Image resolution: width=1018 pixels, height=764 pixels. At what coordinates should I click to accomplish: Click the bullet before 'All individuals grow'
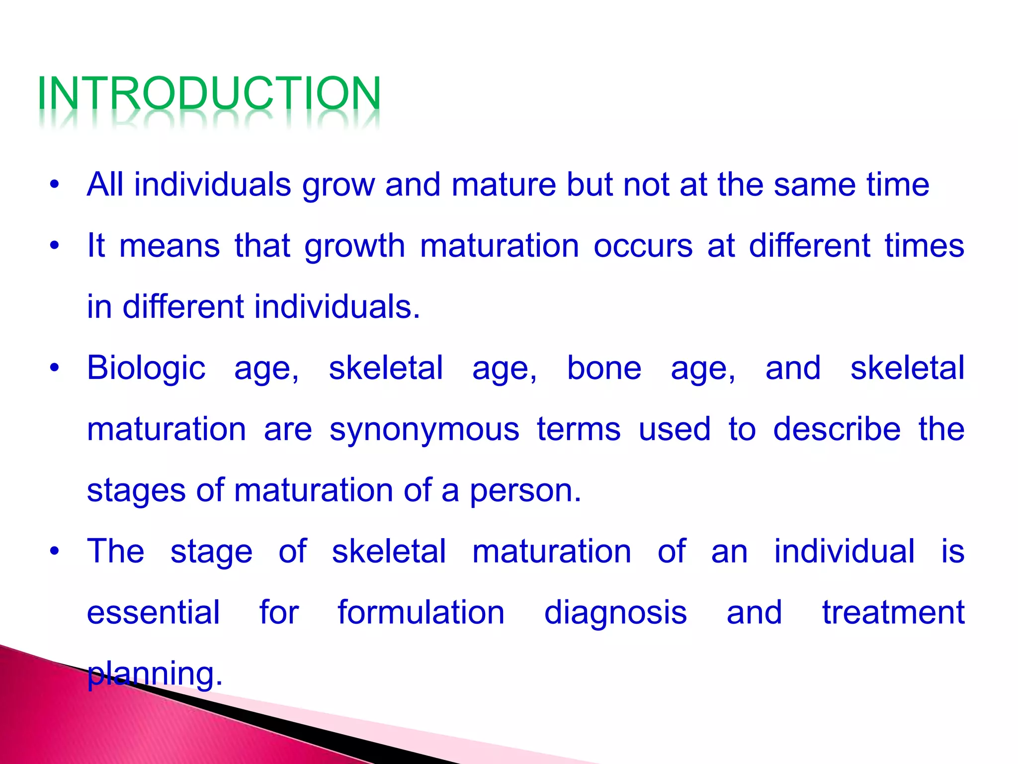pyautogui.click(x=54, y=185)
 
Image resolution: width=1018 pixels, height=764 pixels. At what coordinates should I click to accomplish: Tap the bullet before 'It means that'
pyautogui.click(x=54, y=246)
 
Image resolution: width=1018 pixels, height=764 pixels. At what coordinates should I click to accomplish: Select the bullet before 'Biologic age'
pyautogui.click(x=54, y=368)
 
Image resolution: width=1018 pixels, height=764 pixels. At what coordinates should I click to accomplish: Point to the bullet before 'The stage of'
pyautogui.click(x=54, y=551)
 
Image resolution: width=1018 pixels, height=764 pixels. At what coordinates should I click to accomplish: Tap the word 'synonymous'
pyautogui.click(x=424, y=429)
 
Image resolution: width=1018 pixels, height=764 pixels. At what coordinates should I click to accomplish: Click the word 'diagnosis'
pyautogui.click(x=615, y=613)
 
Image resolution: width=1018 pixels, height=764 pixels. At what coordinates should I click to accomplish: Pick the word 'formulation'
pyautogui.click(x=421, y=612)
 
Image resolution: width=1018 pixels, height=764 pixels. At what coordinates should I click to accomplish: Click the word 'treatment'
pyautogui.click(x=893, y=612)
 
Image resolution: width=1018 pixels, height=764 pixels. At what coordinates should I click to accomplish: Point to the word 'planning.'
pyautogui.click(x=155, y=674)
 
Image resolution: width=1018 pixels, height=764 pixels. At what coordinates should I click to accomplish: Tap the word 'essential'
pyautogui.click(x=153, y=612)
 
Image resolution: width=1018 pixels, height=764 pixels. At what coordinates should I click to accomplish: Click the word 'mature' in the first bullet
pyautogui.click(x=504, y=185)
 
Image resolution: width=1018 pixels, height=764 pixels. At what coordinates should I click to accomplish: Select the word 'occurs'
pyautogui.click(x=643, y=246)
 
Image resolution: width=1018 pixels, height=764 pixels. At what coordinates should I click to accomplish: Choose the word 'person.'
pyautogui.click(x=525, y=490)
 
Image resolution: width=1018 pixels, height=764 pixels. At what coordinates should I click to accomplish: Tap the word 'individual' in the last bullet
pyautogui.click(x=844, y=551)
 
